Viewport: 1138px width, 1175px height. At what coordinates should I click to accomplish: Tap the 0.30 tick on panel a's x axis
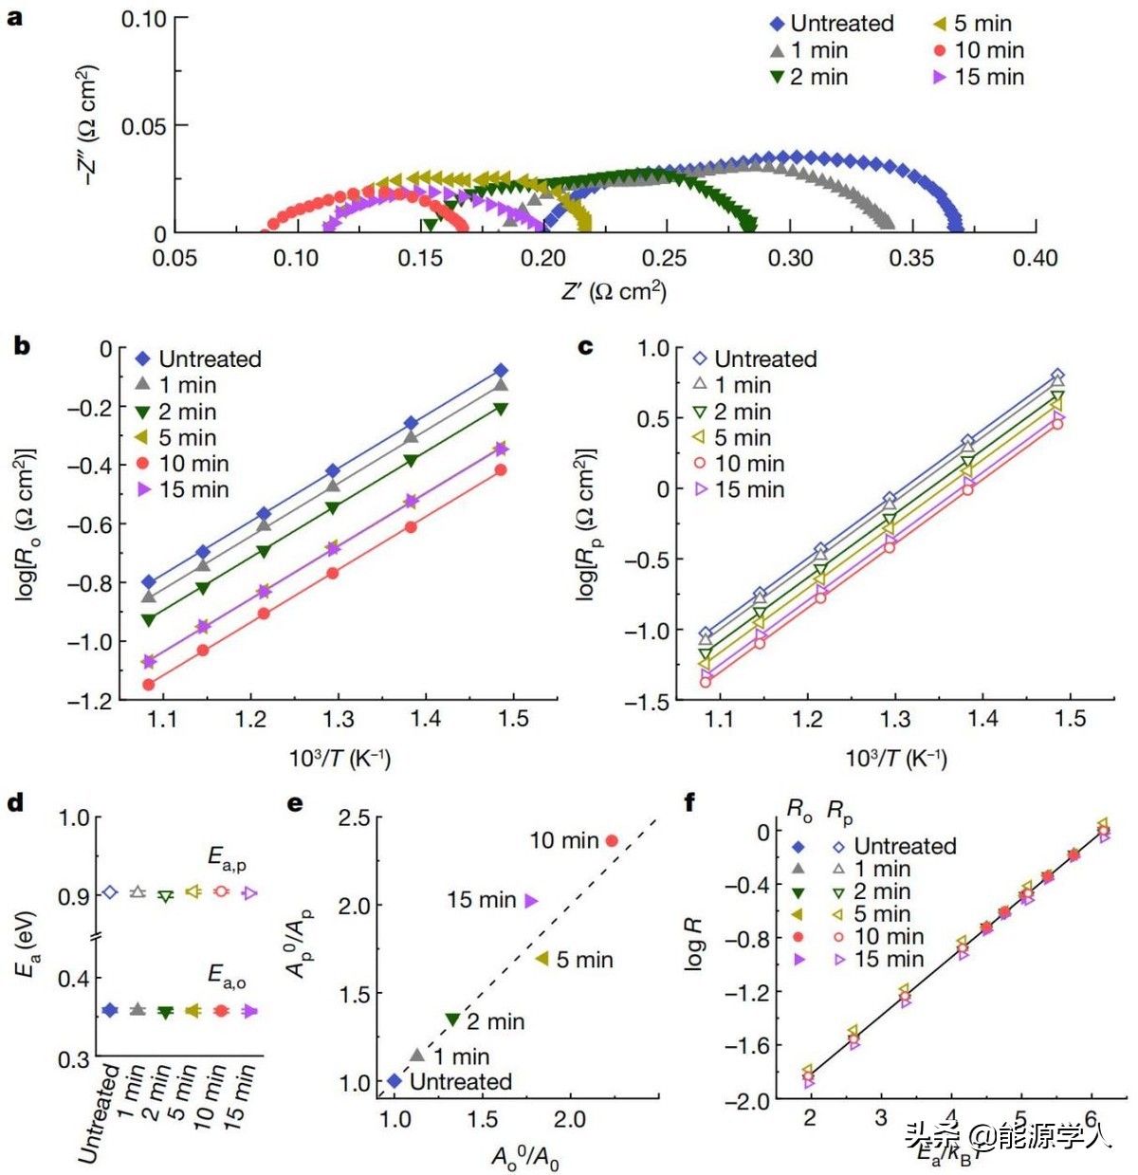tap(790, 258)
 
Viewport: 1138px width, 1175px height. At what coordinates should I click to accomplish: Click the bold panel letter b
tap(22, 346)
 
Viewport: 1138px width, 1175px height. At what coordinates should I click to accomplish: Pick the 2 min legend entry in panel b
tap(187, 412)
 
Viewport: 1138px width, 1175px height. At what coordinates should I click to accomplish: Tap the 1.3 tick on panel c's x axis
tap(895, 719)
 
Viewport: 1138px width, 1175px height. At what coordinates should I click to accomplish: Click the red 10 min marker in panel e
tap(612, 840)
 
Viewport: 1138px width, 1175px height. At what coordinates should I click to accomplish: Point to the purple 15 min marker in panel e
tap(532, 900)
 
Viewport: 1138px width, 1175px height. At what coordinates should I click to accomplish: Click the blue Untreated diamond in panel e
tap(395, 1080)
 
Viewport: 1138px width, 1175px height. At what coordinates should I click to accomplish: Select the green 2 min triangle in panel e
tap(452, 1019)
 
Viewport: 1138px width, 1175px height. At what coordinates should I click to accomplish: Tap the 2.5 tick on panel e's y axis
tap(354, 818)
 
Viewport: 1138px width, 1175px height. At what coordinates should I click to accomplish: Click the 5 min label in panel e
tap(584, 960)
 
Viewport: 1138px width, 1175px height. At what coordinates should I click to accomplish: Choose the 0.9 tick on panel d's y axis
tap(73, 895)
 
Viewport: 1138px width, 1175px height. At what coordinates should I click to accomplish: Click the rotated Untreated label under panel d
tap(99, 1113)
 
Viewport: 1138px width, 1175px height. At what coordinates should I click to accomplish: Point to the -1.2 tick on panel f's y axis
tap(747, 992)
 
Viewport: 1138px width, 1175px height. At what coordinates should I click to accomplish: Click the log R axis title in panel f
tap(694, 943)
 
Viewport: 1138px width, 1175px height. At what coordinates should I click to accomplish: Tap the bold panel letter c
tap(585, 346)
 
